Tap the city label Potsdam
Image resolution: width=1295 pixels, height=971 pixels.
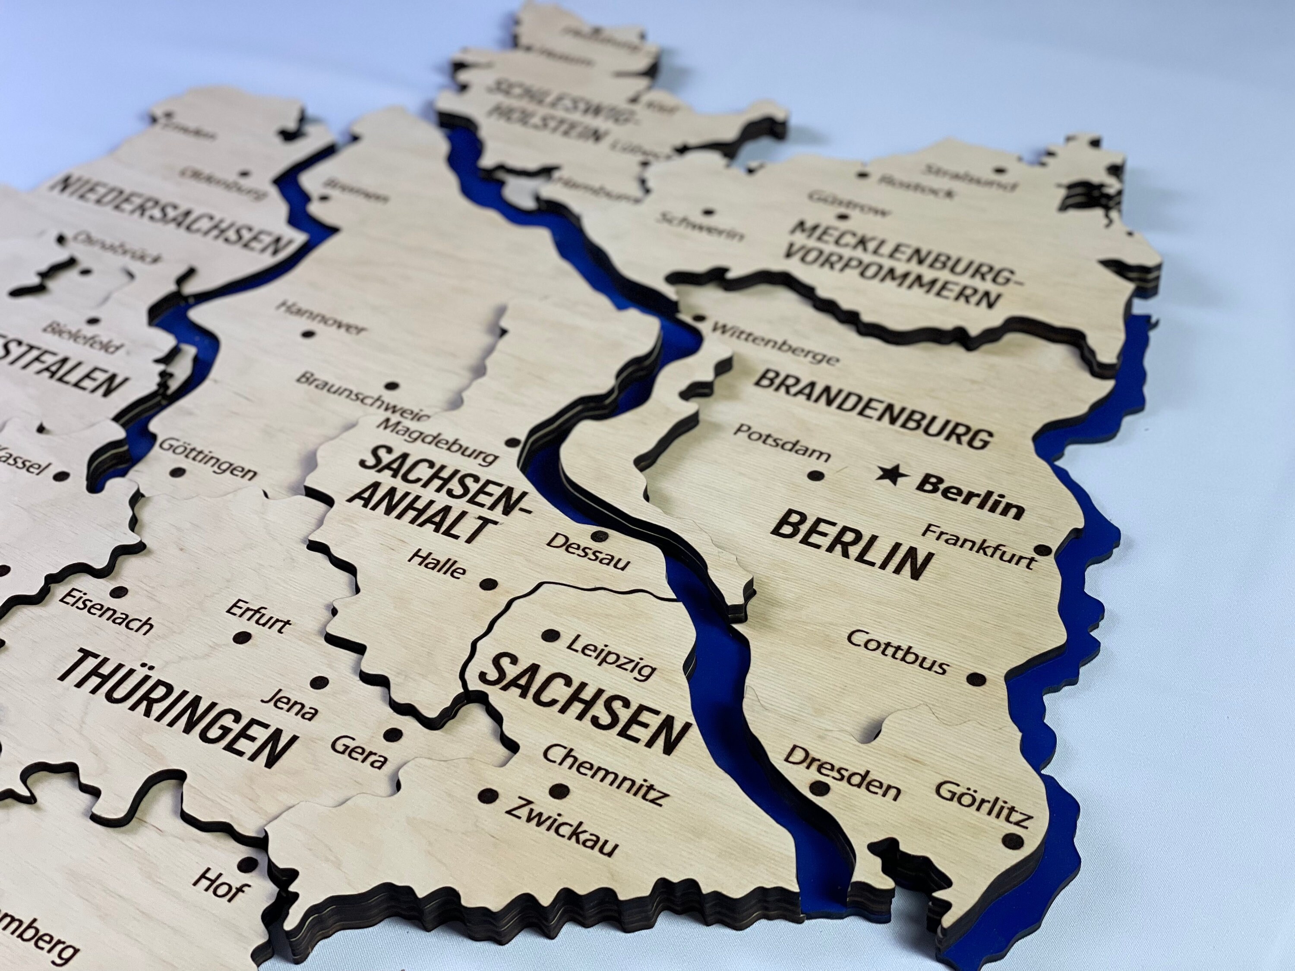(x=782, y=442)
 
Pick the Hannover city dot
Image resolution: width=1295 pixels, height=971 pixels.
(x=307, y=335)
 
